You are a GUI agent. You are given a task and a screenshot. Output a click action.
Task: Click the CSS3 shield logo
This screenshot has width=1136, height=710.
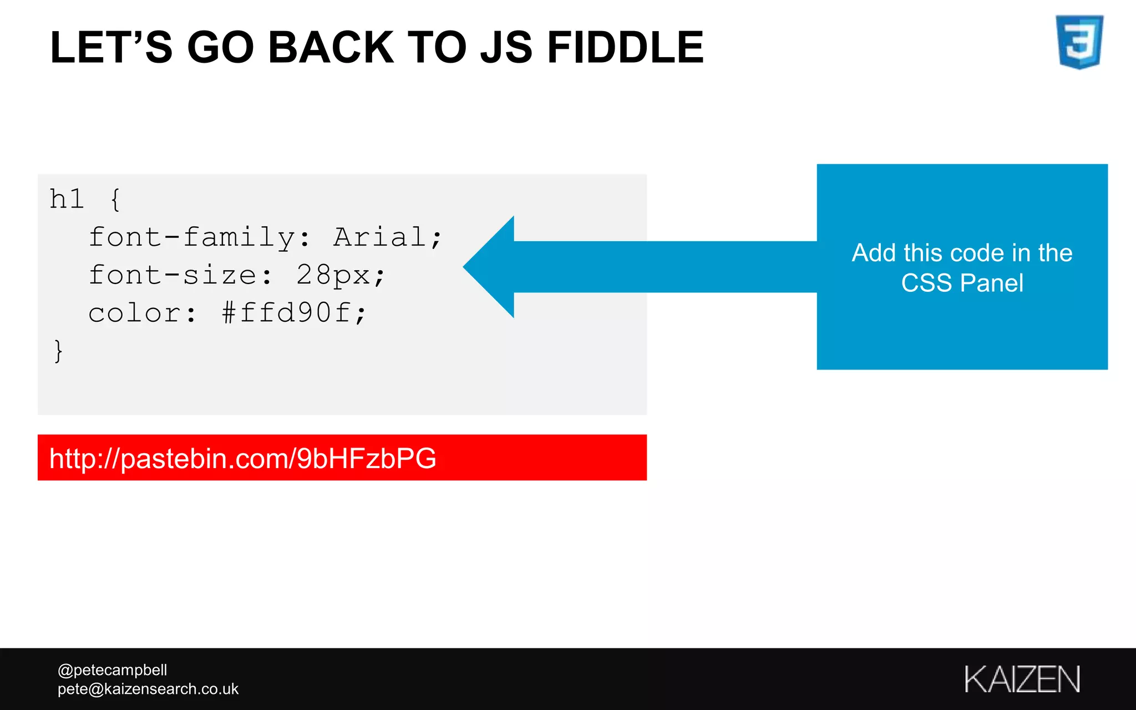click(1079, 42)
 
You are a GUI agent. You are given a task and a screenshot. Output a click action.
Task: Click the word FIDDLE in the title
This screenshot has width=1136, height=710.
click(625, 48)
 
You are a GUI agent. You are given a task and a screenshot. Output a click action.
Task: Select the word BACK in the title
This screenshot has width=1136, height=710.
click(331, 48)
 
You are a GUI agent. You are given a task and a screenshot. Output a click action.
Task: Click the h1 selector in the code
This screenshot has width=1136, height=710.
click(67, 199)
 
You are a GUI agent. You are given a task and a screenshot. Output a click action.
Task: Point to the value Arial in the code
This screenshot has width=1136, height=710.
click(380, 237)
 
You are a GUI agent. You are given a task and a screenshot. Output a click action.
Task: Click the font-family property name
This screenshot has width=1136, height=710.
click(191, 237)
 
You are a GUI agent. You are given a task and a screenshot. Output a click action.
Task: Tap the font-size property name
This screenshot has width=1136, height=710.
click(173, 275)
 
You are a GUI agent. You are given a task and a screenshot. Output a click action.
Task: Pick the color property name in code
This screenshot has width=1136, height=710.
click(135, 313)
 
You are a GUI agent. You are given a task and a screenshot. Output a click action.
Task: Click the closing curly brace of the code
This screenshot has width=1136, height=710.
click(58, 351)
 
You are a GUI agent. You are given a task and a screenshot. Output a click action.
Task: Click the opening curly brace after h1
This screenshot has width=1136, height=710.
click(115, 199)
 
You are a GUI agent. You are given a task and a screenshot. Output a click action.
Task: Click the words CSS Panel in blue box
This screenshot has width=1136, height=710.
click(962, 283)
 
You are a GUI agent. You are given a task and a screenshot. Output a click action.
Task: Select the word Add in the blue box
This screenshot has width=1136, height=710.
click(874, 253)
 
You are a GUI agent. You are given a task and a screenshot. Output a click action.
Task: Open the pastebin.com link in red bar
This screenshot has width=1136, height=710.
click(242, 458)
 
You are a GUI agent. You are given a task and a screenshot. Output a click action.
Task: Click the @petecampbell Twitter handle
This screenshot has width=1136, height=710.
click(112, 670)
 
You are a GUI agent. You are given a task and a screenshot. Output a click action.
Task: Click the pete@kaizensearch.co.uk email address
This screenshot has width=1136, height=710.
click(148, 689)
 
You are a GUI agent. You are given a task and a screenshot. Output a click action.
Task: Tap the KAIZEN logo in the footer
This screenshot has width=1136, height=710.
click(1022, 679)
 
